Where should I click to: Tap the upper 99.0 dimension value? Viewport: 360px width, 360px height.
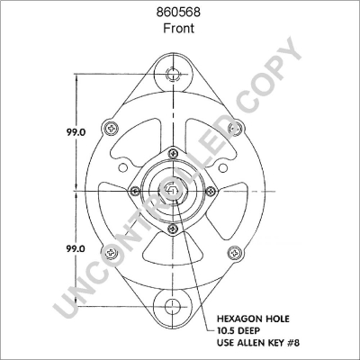pos(76,131)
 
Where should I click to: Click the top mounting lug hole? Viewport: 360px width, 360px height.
pos(171,74)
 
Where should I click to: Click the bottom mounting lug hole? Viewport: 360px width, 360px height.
pos(171,307)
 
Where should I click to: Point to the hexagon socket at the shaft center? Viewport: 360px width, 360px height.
pos(171,190)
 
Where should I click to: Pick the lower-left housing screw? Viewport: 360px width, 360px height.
pos(111,252)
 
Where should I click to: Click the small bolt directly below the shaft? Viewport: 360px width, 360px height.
pos(171,229)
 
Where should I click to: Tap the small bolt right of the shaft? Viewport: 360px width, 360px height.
pos(211,190)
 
